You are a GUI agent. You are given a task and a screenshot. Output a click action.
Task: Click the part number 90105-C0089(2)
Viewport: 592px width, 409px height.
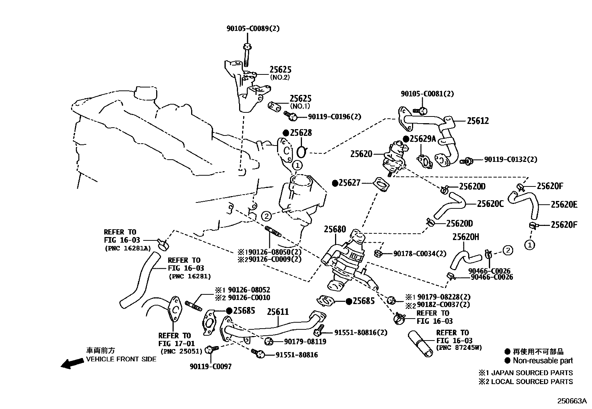(253, 28)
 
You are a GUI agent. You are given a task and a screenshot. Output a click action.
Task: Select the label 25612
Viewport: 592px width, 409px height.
(478, 121)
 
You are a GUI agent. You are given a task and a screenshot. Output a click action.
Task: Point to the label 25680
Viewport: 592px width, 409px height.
(335, 229)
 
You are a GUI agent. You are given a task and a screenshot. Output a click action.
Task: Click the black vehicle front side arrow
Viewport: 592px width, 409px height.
(73, 363)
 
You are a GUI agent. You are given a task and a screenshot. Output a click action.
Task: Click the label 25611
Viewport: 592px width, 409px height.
(278, 312)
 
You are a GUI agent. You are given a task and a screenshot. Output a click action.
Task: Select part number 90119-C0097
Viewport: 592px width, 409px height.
(210, 367)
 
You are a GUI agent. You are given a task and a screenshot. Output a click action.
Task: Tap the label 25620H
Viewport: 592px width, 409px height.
(466, 237)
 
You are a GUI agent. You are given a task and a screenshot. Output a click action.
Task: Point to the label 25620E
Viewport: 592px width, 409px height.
(564, 204)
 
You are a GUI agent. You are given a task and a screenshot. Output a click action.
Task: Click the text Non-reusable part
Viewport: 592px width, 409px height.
(543, 361)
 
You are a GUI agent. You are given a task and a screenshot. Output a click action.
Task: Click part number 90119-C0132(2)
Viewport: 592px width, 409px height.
(511, 159)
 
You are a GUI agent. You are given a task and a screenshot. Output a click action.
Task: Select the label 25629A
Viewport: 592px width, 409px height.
(422, 139)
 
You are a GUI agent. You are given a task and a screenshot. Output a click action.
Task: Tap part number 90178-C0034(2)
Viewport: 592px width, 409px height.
(419, 254)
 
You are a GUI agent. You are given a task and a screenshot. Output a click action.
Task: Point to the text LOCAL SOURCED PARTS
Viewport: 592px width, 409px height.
(532, 381)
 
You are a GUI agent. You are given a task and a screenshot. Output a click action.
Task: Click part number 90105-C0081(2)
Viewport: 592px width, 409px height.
(427, 94)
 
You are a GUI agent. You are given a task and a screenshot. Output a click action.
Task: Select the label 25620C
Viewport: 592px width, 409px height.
(490, 204)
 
